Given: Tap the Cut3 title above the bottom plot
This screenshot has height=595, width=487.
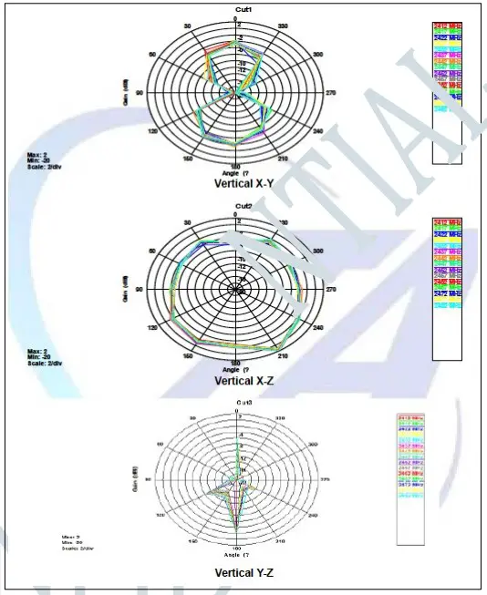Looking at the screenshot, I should pyautogui.click(x=239, y=402).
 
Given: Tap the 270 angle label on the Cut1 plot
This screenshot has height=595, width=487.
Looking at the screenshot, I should pyautogui.click(x=343, y=93).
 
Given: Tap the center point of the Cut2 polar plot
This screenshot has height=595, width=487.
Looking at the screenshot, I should pyautogui.click(x=236, y=289).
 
